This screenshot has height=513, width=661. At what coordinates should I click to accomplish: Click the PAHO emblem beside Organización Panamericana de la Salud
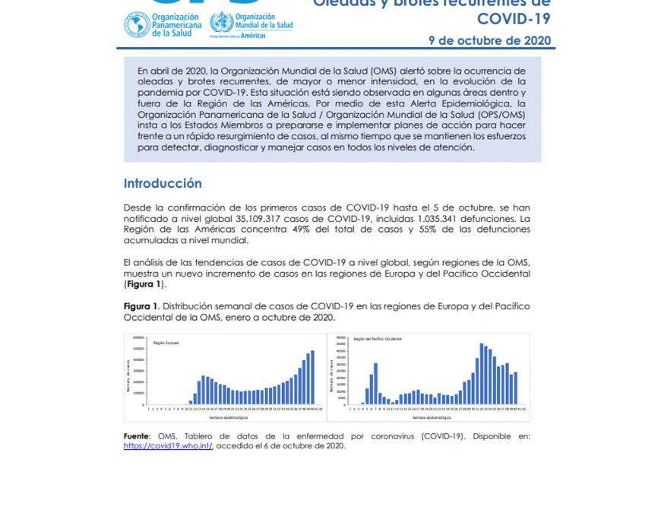click(137, 24)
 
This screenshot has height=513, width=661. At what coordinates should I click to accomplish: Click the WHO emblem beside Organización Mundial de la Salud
click(222, 22)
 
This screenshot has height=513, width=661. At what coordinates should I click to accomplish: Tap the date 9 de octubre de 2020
click(489, 40)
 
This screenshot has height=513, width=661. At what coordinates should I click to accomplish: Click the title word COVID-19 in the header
click(514, 17)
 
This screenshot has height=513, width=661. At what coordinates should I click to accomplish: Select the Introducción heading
click(163, 183)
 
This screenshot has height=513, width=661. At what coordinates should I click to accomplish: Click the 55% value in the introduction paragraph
click(430, 230)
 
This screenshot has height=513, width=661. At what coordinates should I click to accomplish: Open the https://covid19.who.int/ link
click(168, 446)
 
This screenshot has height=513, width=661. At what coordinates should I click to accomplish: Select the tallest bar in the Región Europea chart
click(312, 378)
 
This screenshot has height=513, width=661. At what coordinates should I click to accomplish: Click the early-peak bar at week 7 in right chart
click(375, 384)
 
